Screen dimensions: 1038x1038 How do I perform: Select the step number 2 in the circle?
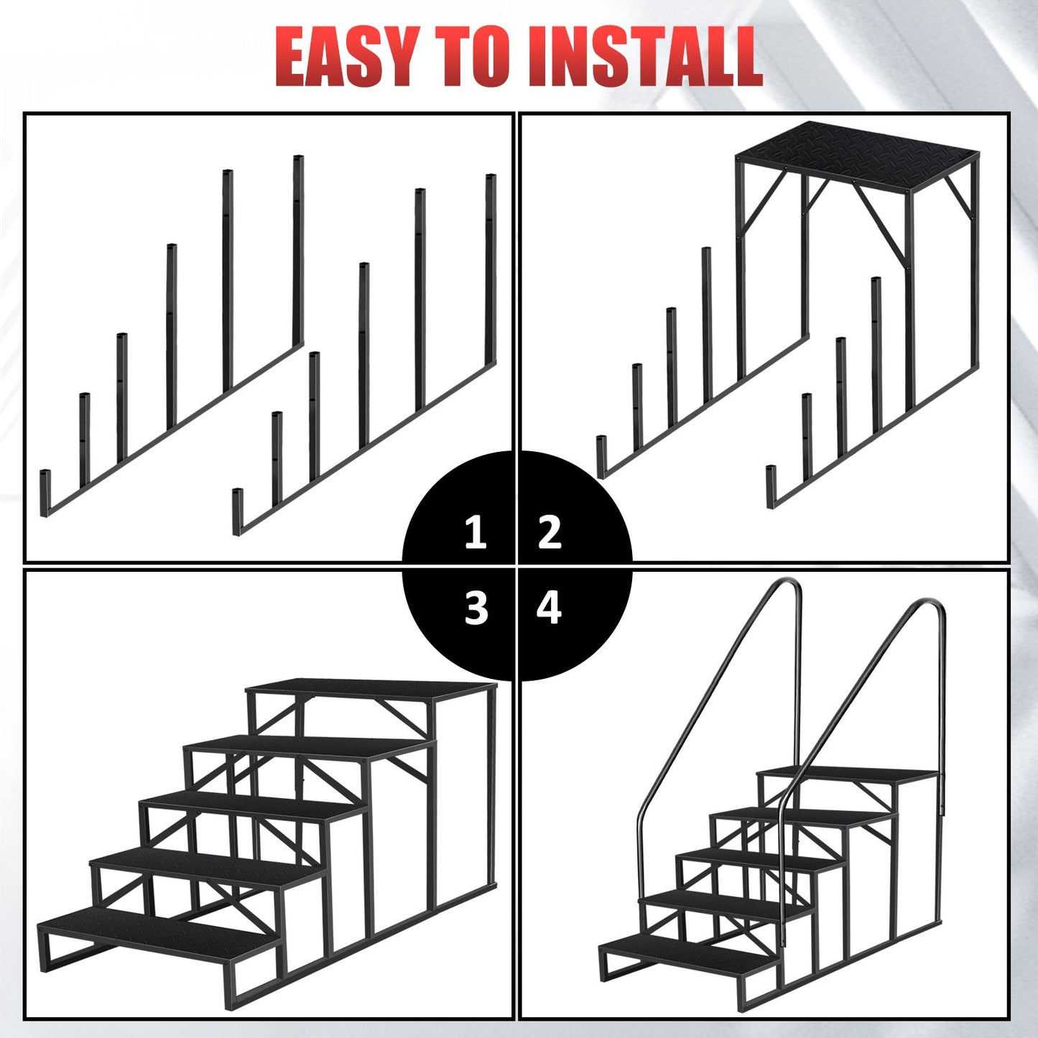(550, 533)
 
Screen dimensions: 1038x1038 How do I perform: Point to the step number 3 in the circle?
(476, 608)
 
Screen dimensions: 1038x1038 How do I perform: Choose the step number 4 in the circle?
(549, 608)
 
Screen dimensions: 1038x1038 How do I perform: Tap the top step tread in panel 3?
(371, 692)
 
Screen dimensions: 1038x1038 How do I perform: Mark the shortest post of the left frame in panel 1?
(45, 493)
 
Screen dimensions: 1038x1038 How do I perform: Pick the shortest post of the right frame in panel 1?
(238, 511)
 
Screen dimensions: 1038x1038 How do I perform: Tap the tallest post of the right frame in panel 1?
(491, 269)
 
